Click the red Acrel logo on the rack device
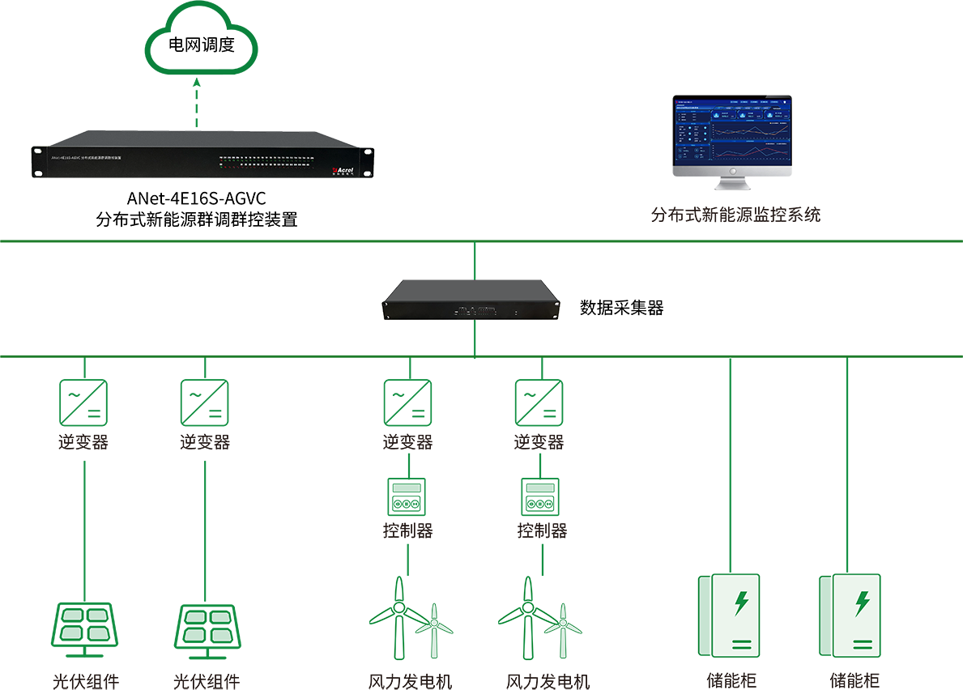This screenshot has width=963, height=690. (x=343, y=170)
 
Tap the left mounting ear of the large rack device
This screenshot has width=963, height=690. (x=37, y=160)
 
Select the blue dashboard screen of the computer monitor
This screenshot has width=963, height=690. (x=731, y=134)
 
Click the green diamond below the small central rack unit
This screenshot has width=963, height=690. (x=474, y=339)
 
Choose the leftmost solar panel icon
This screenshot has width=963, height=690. (x=85, y=625)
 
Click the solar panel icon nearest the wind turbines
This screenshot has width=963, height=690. (x=207, y=626)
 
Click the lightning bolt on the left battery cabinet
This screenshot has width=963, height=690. (x=741, y=603)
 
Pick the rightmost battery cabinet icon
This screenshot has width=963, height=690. (x=849, y=615)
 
